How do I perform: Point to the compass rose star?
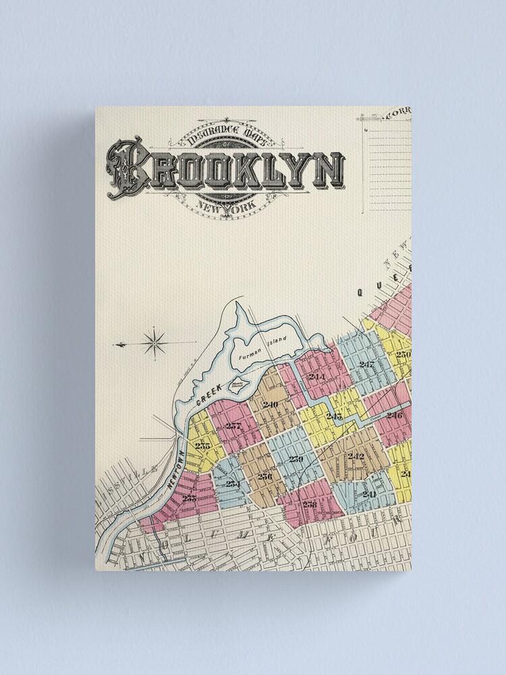click(156, 344)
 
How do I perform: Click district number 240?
click(271, 404)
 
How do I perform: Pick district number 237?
click(233, 426)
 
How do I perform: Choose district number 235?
click(202, 445)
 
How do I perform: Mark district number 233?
click(189, 498)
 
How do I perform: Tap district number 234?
click(233, 483)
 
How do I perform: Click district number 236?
click(264, 476)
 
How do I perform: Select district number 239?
click(296, 459)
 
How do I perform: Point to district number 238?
click(310, 504)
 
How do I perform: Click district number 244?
click(316, 377)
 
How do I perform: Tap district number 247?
click(366, 364)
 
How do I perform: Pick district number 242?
click(356, 456)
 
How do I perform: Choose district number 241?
click(368, 493)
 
